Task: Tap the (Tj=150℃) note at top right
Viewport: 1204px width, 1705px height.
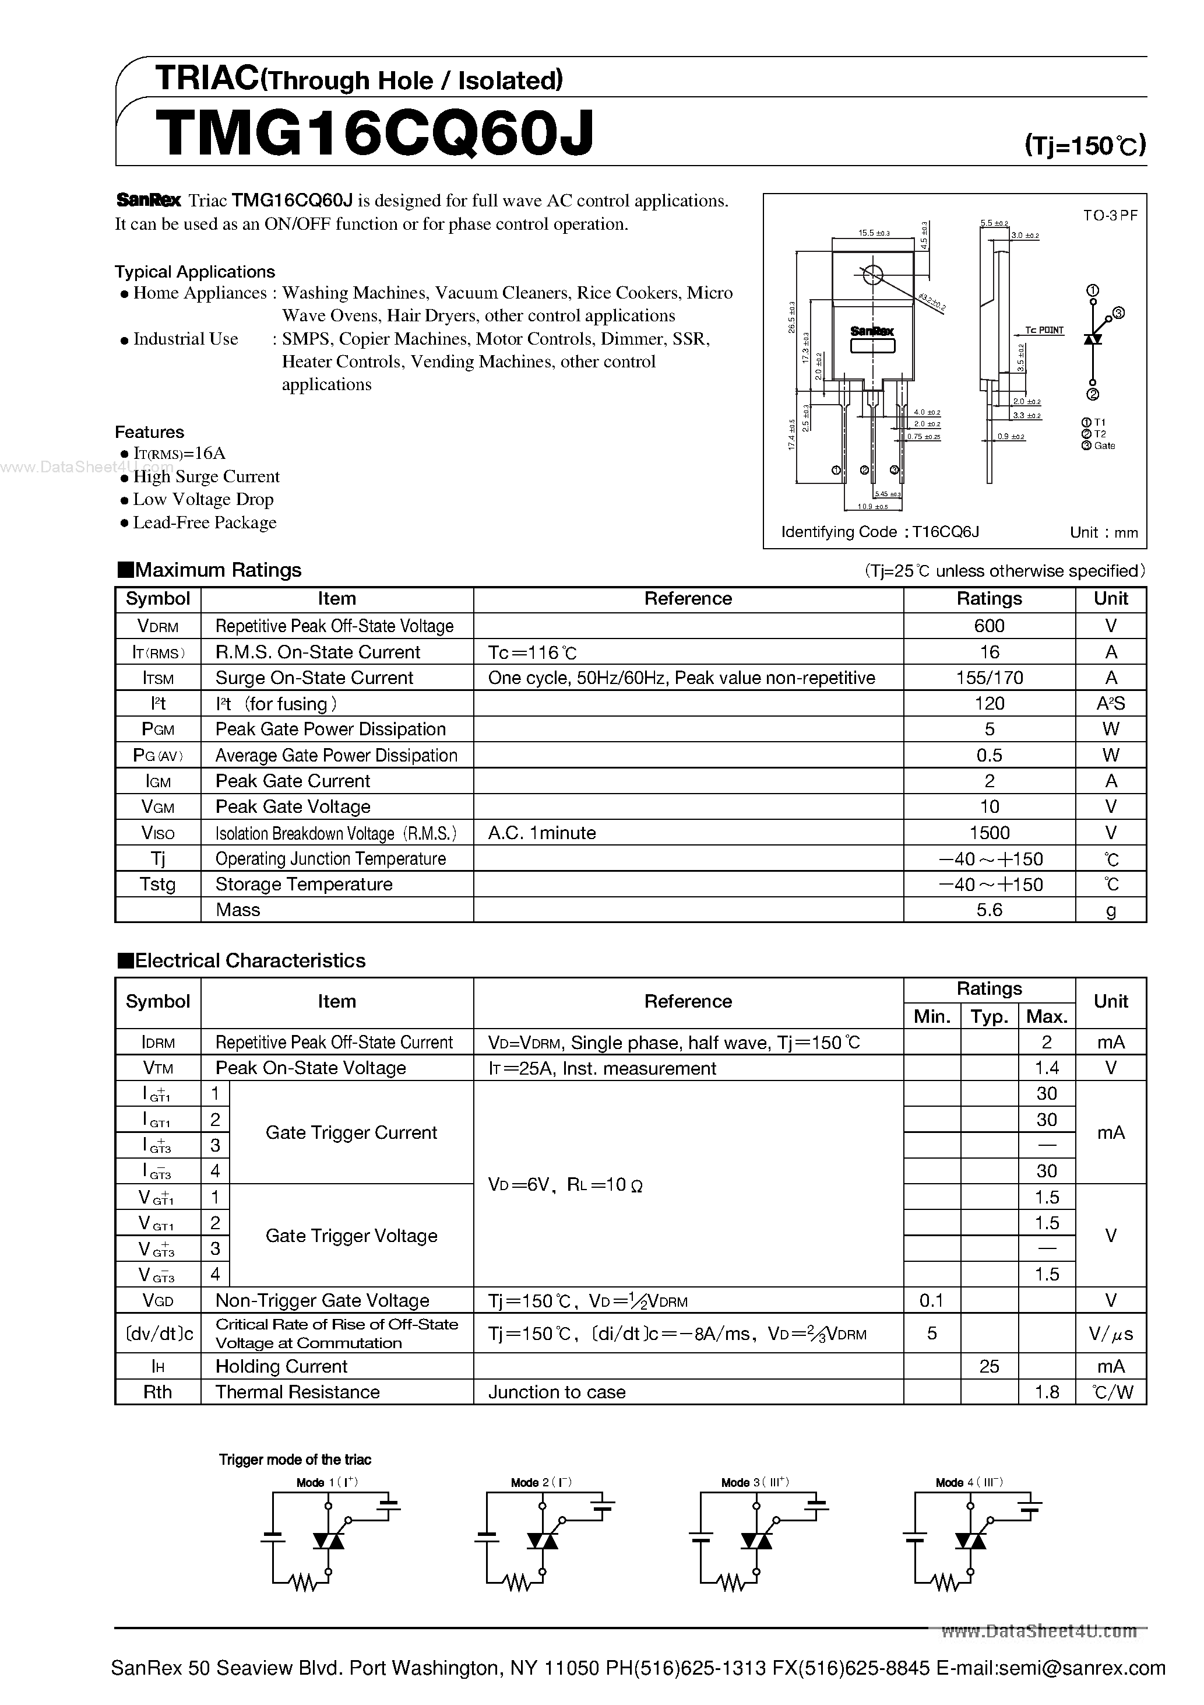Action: click(1085, 145)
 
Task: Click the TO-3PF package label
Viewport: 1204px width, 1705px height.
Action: click(1110, 215)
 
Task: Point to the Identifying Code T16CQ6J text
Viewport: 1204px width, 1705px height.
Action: click(879, 532)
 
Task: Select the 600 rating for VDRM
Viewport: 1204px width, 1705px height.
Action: click(989, 626)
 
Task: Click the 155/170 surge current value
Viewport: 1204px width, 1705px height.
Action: click(989, 678)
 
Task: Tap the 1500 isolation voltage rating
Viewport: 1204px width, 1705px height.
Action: click(989, 833)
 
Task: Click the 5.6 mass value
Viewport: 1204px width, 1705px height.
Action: click(989, 910)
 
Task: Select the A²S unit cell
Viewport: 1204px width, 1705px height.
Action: click(1111, 704)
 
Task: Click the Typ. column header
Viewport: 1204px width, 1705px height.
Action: click(989, 1016)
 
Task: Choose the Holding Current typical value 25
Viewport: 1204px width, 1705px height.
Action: click(989, 1366)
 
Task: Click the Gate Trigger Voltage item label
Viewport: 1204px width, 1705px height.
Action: click(351, 1236)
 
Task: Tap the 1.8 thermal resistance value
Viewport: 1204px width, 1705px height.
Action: click(1046, 1392)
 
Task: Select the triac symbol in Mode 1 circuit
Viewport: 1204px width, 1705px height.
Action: click(328, 1541)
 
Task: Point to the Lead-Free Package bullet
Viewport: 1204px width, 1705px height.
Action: click(204, 523)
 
